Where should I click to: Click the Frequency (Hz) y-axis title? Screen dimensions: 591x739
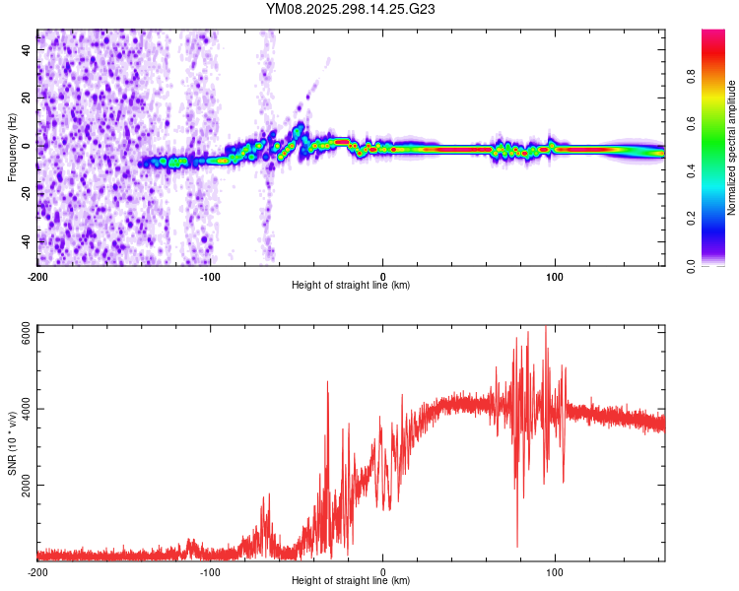pyautogui.click(x=12, y=148)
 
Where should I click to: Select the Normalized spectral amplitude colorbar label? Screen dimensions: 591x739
pyautogui.click(x=732, y=148)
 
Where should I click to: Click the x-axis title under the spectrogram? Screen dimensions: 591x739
pyautogui.click(x=351, y=285)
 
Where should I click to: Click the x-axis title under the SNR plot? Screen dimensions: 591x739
pyautogui.click(x=351, y=580)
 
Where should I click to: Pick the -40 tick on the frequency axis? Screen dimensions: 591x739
pyautogui.click(x=25, y=240)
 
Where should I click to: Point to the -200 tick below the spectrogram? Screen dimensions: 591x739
pyautogui.click(x=37, y=277)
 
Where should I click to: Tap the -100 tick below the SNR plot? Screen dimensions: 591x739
pyautogui.click(x=210, y=572)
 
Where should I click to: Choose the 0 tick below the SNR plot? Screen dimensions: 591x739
pyautogui.click(x=382, y=572)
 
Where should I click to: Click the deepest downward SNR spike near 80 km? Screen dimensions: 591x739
pyautogui.click(x=517, y=546)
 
